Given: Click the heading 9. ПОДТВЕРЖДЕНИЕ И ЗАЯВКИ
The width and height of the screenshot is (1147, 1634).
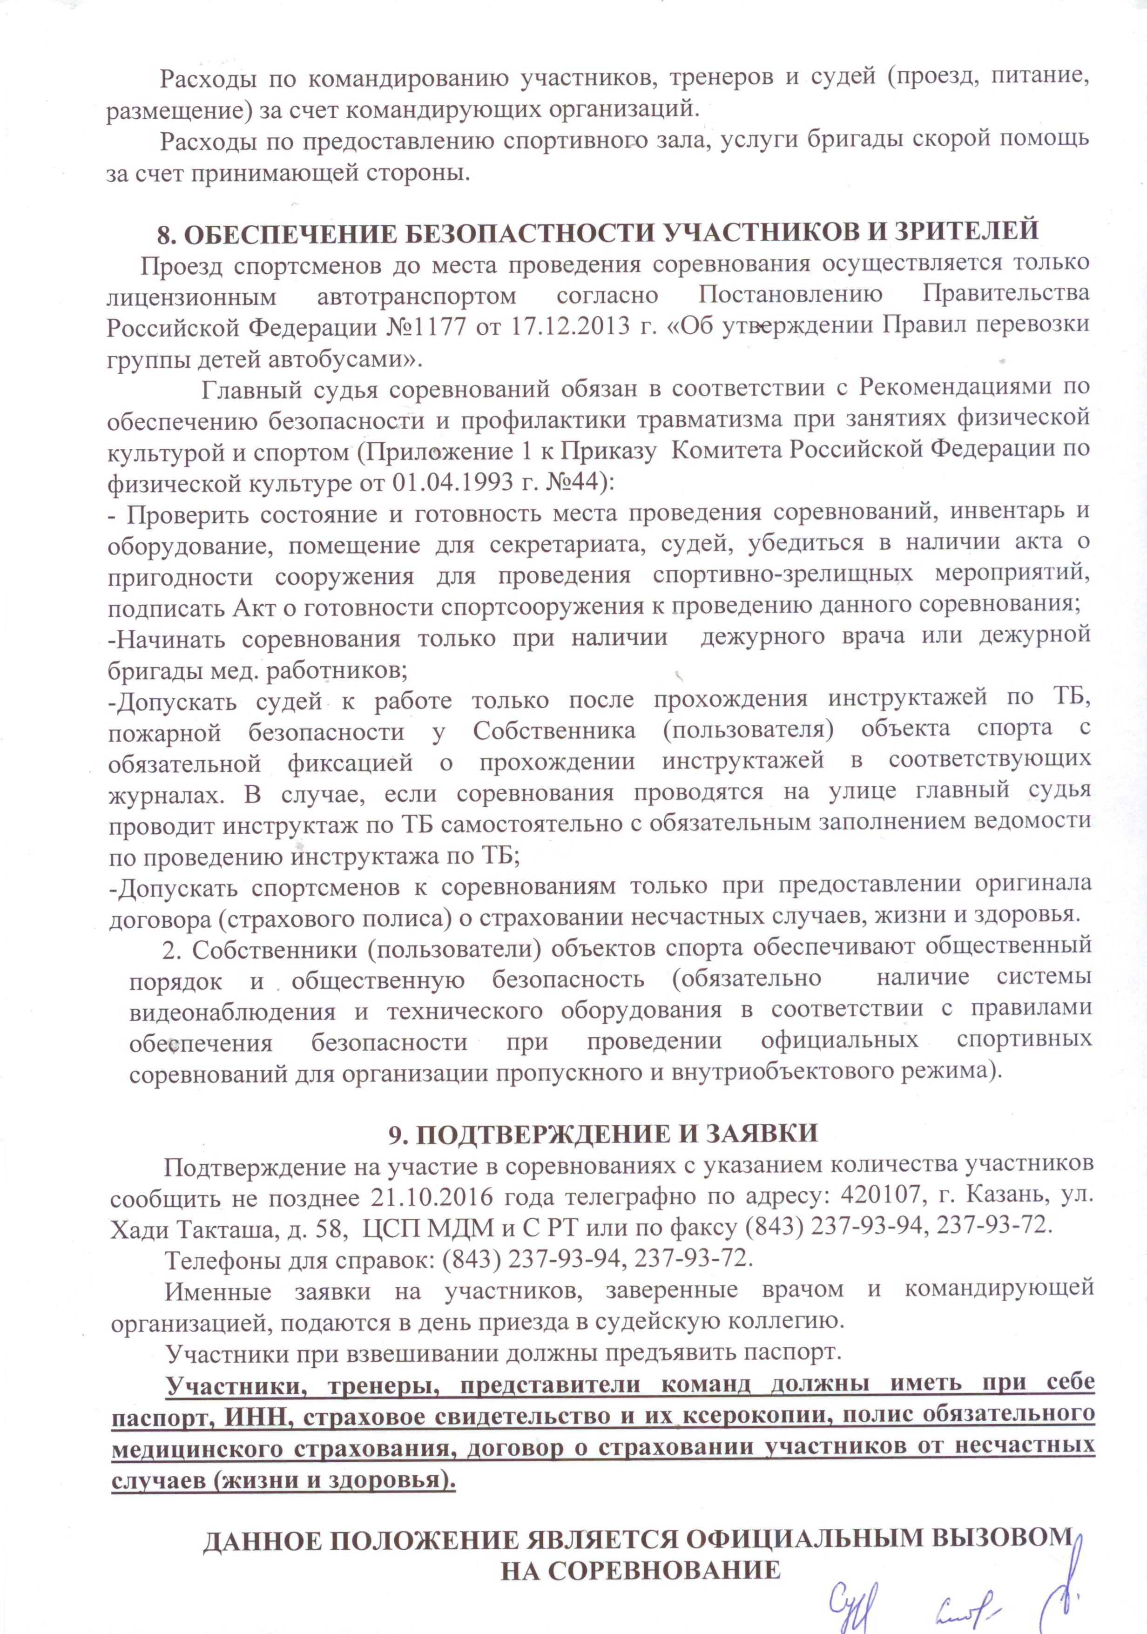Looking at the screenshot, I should [x=603, y=1133].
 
